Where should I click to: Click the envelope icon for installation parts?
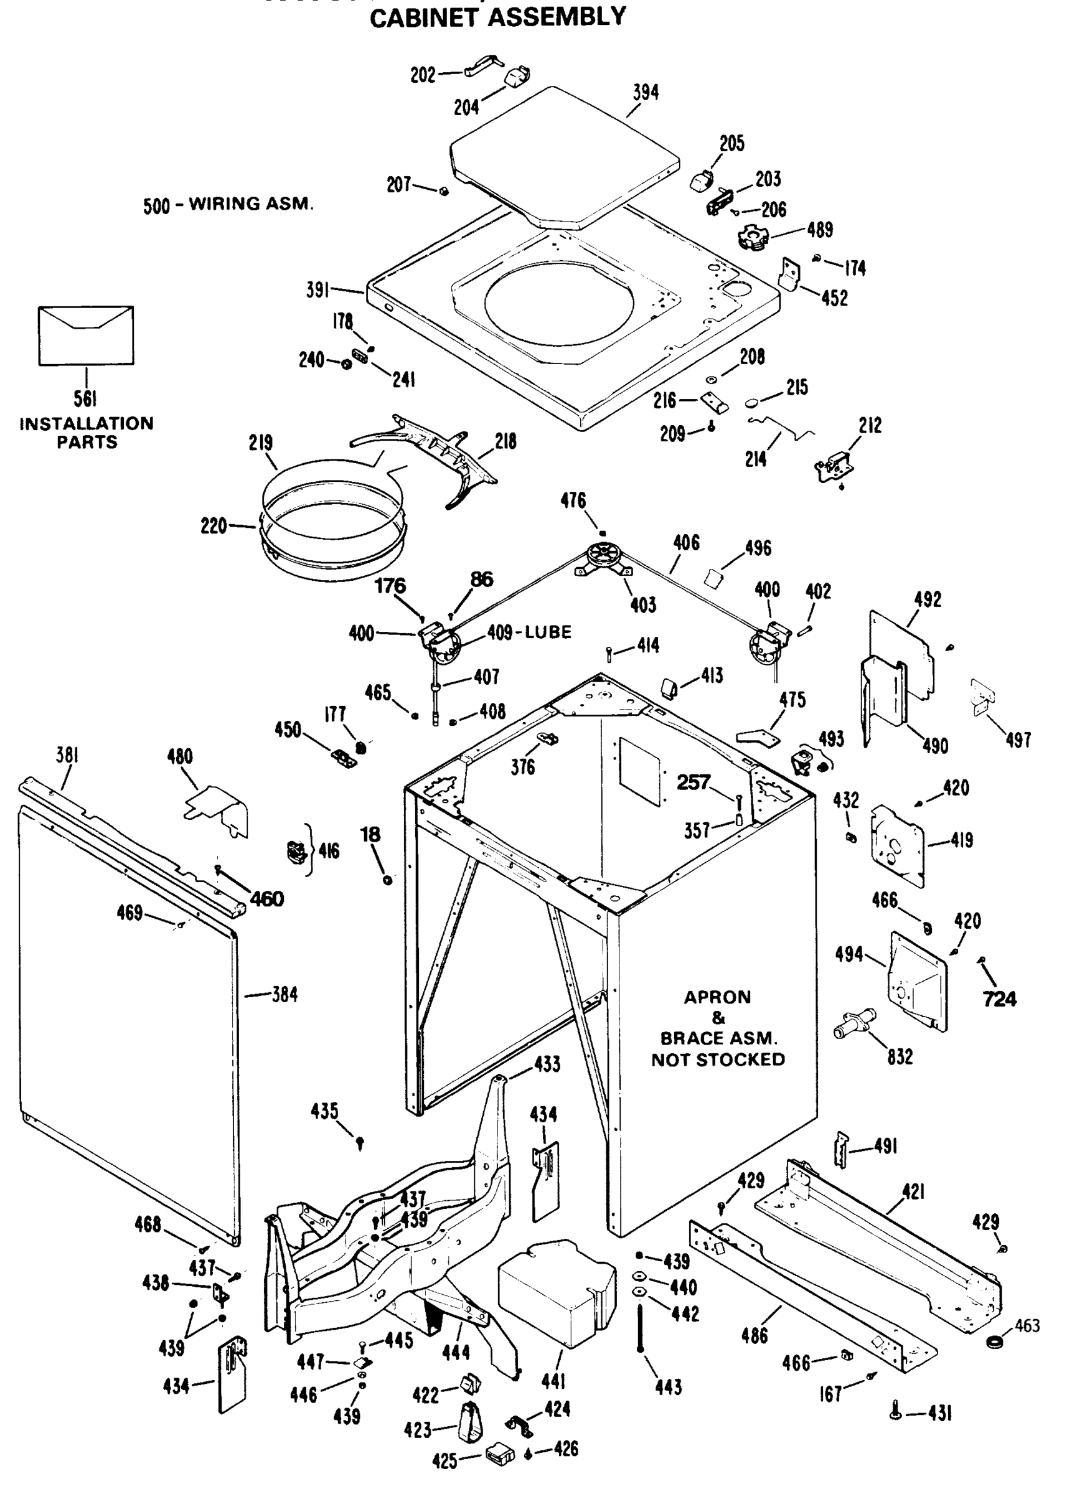[86, 336]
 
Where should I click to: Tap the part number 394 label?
[646, 93]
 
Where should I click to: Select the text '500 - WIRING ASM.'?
[228, 204]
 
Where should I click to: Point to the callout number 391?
[318, 289]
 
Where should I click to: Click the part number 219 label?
[261, 443]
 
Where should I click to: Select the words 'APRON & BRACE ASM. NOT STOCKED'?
[718, 1028]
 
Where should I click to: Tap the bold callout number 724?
[999, 999]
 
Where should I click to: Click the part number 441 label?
[553, 1381]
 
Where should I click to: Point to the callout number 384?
[285, 995]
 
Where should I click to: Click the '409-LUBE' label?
[529, 632]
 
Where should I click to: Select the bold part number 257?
[693, 782]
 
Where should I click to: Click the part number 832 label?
[900, 1056]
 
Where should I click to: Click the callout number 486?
[754, 1335]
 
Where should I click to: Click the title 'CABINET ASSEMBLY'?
[497, 16]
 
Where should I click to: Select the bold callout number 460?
[266, 898]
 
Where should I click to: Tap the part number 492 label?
[927, 599]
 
